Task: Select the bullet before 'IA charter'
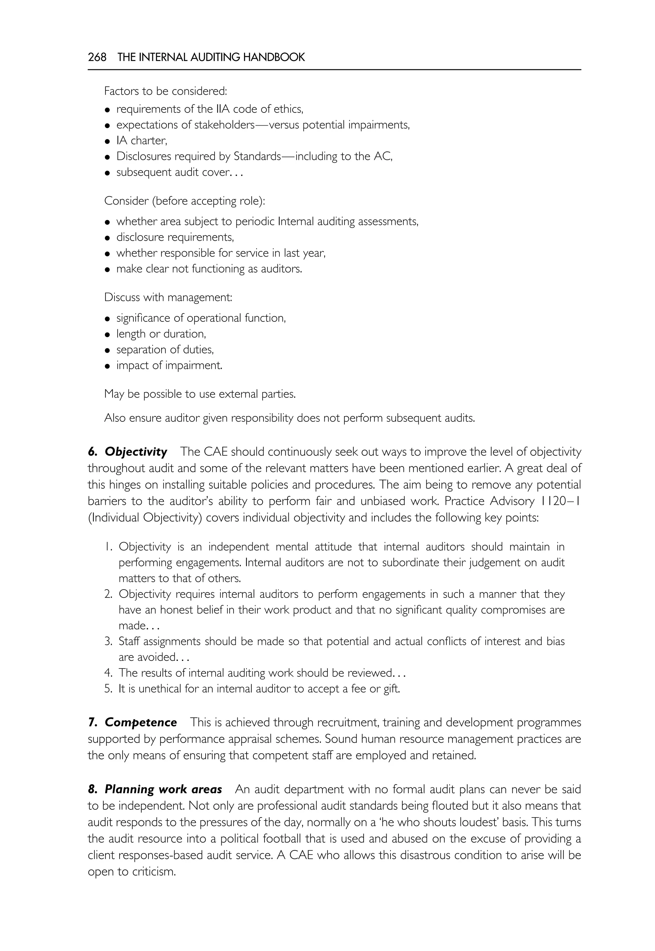(107, 142)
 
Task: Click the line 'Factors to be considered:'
(165, 91)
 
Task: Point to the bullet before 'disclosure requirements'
(107, 238)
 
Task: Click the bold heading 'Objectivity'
(136, 452)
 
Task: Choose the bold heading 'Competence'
(141, 722)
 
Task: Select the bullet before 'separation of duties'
(107, 350)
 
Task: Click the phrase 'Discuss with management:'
(168, 297)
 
